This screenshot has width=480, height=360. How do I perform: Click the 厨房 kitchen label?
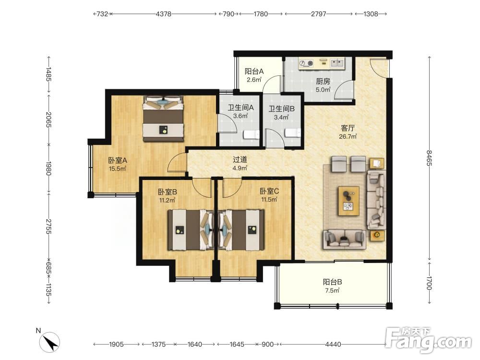pyautogui.click(x=323, y=82)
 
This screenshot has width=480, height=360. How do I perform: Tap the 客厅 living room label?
pyautogui.click(x=348, y=128)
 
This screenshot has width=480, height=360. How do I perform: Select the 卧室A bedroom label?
pyautogui.click(x=117, y=160)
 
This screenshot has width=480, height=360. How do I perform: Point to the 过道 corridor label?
pyautogui.click(x=240, y=159)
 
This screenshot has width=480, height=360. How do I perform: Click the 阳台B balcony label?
pyautogui.click(x=332, y=282)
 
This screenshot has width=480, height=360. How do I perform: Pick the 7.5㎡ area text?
pyautogui.click(x=332, y=290)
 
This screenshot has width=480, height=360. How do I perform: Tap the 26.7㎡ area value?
pyautogui.click(x=348, y=136)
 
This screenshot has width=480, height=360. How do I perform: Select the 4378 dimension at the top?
pyautogui.click(x=164, y=14)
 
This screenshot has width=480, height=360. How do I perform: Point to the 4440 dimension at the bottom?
pyautogui.click(x=333, y=344)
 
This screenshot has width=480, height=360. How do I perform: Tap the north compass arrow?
pyautogui.click(x=51, y=341)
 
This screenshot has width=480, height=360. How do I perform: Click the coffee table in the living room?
pyautogui.click(x=348, y=201)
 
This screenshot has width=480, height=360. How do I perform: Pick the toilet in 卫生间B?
pyautogui.click(x=293, y=132)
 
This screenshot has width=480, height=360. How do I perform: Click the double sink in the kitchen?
pyautogui.click(x=337, y=63)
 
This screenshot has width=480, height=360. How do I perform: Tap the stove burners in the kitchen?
pyautogui.click(x=306, y=63)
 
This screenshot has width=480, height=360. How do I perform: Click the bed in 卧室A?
pyautogui.click(x=163, y=119)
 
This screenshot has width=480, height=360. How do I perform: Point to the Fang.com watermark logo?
pyautogui.click(x=429, y=340)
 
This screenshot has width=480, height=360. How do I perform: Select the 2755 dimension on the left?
pyautogui.click(x=48, y=226)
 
